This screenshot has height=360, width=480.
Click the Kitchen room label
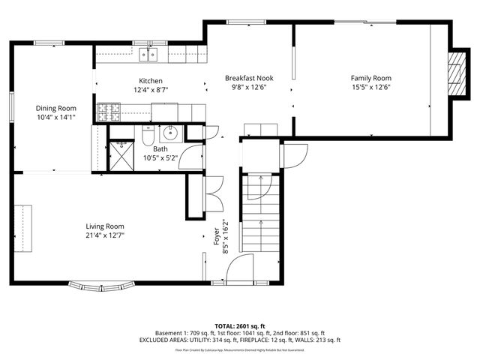150,81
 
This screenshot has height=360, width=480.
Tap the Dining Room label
56,108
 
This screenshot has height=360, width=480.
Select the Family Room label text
371,78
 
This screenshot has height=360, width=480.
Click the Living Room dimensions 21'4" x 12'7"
104,235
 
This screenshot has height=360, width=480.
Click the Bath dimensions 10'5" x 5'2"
160,157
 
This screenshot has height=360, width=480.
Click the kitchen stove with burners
109,112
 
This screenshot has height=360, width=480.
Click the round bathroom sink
170,134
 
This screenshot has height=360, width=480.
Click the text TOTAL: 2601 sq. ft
240,325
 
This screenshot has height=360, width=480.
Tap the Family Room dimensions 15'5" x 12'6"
371,87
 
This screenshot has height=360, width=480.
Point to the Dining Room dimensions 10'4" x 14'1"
56,117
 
